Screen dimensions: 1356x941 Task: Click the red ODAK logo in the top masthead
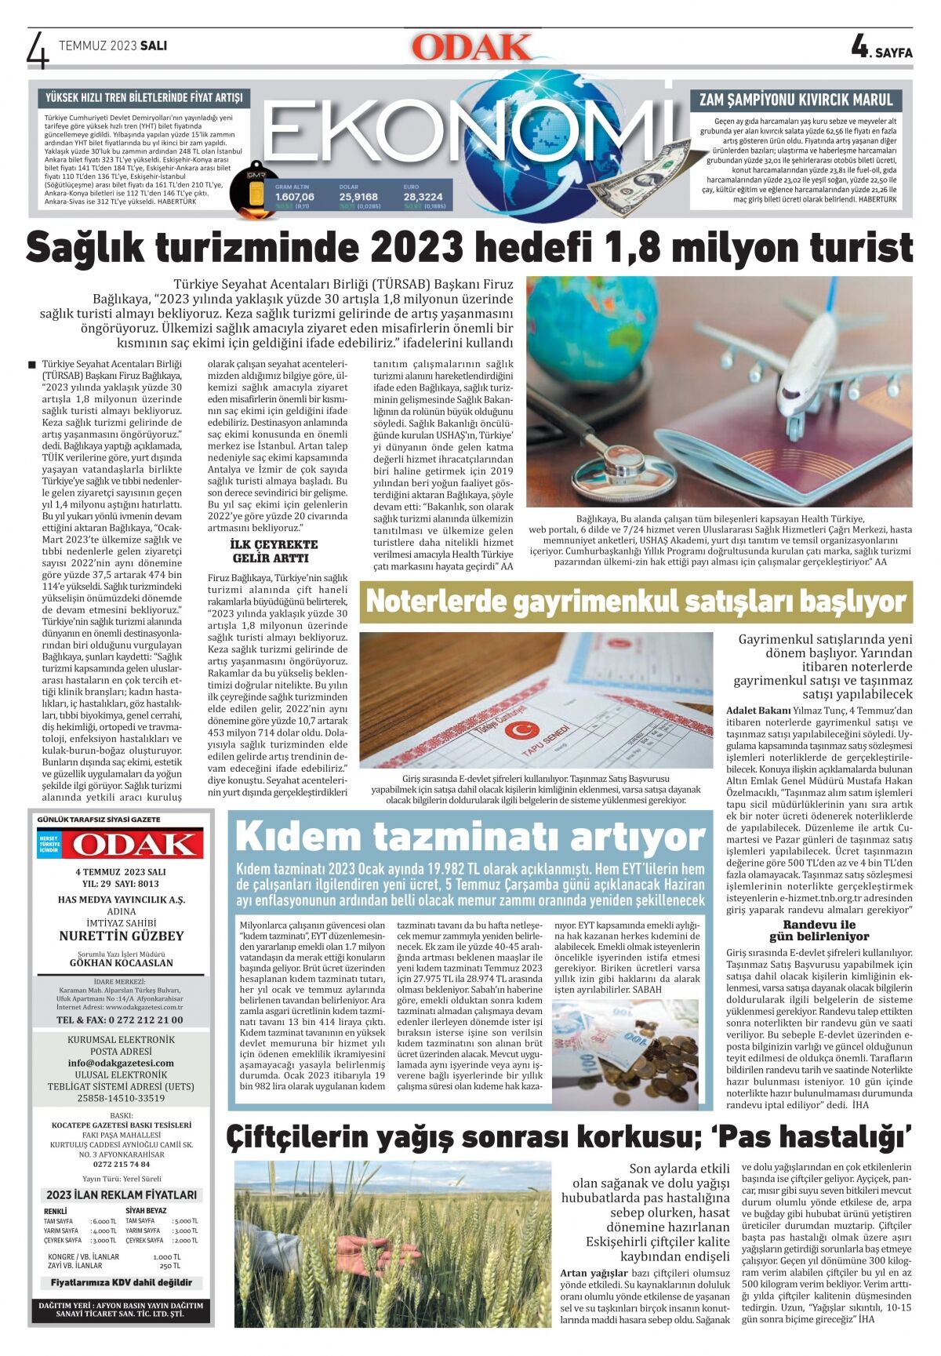(x=471, y=48)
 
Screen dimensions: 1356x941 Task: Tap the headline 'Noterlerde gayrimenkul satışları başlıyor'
(x=636, y=602)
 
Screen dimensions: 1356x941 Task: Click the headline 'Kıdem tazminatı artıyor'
(x=470, y=835)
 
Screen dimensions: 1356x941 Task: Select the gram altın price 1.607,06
(x=295, y=197)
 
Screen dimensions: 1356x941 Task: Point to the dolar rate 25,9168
(x=358, y=197)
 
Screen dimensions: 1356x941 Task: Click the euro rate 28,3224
(x=423, y=197)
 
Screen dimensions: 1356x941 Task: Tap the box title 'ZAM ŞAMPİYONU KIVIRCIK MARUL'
(x=796, y=100)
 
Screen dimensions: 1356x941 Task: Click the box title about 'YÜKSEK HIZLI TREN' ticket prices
(x=144, y=98)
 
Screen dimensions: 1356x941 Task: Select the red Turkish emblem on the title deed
(x=517, y=730)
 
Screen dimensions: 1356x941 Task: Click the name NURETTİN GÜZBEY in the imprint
(x=122, y=936)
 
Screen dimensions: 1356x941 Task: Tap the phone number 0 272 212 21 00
(x=120, y=1020)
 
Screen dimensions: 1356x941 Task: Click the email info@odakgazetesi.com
(x=121, y=1063)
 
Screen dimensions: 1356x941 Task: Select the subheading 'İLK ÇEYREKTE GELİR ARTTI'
(x=274, y=551)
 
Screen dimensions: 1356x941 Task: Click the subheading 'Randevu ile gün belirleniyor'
(x=819, y=930)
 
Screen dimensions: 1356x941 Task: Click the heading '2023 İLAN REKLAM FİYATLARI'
(x=122, y=1194)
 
